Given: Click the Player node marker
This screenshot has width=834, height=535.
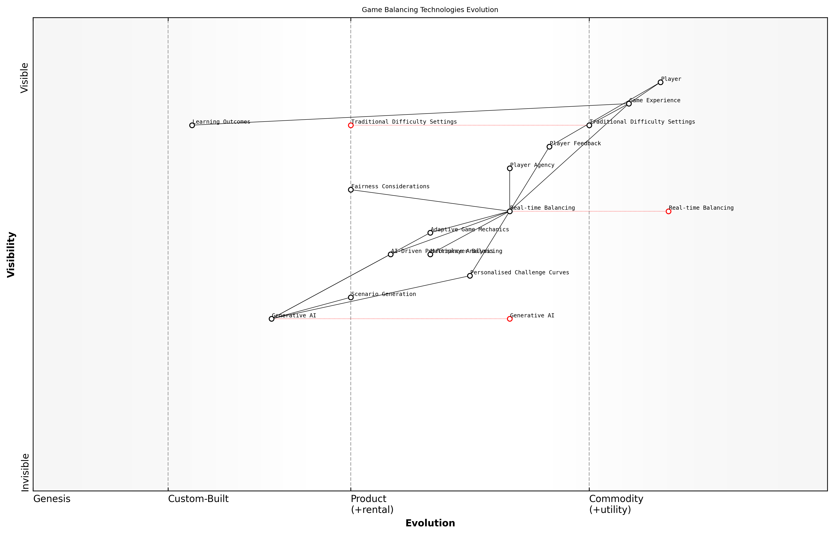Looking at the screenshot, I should coord(660,82).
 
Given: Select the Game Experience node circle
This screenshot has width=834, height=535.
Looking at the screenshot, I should coord(629,104).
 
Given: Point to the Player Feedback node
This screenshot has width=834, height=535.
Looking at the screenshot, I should coord(549,147).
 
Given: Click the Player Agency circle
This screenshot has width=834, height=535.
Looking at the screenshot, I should coord(509,168).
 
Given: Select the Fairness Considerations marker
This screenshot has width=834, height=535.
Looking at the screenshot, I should coord(351,190).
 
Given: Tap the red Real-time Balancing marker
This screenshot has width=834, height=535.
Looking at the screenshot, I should coord(668,211).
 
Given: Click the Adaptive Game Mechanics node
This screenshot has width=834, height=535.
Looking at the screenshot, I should coord(430,233).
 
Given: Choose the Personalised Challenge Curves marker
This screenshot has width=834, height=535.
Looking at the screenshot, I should coord(470,276).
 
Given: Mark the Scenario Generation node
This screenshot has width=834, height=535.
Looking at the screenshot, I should coord(351,297).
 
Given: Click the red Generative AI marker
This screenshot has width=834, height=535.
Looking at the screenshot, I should coord(509,319).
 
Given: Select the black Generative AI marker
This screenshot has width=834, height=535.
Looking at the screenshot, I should coord(271,319).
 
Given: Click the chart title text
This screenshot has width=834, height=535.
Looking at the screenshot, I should coord(430,10).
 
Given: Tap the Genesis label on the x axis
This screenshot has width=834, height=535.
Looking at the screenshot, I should coord(52,499).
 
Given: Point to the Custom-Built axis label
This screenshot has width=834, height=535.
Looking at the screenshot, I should coord(198,499).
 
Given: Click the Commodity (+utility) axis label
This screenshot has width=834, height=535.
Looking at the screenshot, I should coord(616,504).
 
